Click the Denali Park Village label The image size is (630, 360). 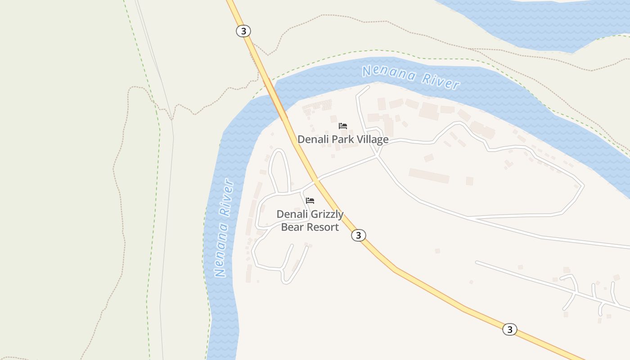[343, 139]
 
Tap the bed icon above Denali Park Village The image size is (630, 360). [343, 126]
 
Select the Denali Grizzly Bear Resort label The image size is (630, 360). [310, 220]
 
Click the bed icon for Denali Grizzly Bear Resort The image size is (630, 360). [310, 201]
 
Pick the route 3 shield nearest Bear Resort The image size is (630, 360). [358, 235]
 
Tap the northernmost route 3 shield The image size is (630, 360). [243, 31]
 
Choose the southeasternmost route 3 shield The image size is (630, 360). [509, 329]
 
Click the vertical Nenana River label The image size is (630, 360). [224, 228]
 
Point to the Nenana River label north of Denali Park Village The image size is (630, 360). [411, 77]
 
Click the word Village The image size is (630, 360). [371, 139]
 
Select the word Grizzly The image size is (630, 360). [326, 215]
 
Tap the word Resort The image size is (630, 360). [322, 227]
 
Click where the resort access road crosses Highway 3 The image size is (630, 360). [316, 180]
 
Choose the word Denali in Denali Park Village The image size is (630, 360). [313, 139]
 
